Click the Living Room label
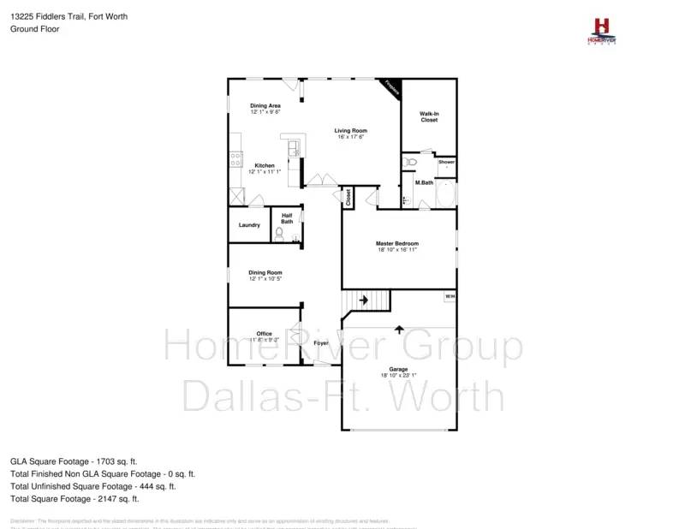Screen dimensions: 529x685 click(350, 130)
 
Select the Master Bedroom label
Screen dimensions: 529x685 click(397, 243)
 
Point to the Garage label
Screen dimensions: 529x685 click(398, 369)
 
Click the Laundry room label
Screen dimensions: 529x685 click(249, 225)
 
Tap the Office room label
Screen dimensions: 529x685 click(264, 334)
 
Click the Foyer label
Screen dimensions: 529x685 click(321, 343)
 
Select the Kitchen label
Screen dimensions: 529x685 click(264, 165)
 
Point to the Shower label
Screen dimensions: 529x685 click(447, 162)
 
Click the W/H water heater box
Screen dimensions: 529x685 click(450, 297)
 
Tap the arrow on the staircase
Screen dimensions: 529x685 click(363, 300)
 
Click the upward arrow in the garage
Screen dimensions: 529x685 click(399, 329)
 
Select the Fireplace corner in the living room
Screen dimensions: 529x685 click(391, 87)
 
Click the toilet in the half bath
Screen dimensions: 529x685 click(280, 233)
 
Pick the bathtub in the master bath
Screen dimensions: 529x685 click(446, 195)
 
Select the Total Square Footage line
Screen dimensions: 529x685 click(74, 498)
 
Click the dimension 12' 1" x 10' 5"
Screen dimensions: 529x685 click(265, 279)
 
